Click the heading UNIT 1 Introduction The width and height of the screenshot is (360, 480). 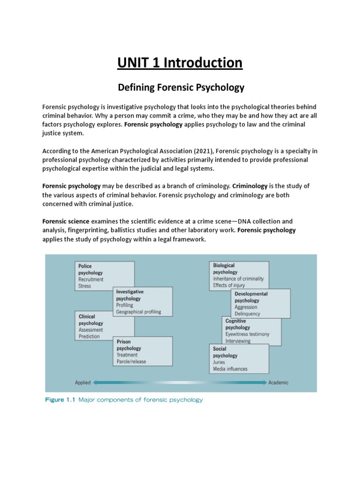point(180,62)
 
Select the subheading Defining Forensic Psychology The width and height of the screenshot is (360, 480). point(180,87)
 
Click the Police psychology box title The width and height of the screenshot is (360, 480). point(90,269)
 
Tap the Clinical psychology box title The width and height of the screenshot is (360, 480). point(90,320)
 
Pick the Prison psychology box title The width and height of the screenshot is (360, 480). point(128,345)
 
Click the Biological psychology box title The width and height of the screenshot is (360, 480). point(225,269)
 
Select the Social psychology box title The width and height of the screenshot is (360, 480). point(225,352)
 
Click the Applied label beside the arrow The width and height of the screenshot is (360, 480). point(82,382)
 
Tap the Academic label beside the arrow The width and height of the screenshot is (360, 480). point(278,382)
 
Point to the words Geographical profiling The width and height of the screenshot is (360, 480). point(138,312)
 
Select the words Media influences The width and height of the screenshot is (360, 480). point(230,369)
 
